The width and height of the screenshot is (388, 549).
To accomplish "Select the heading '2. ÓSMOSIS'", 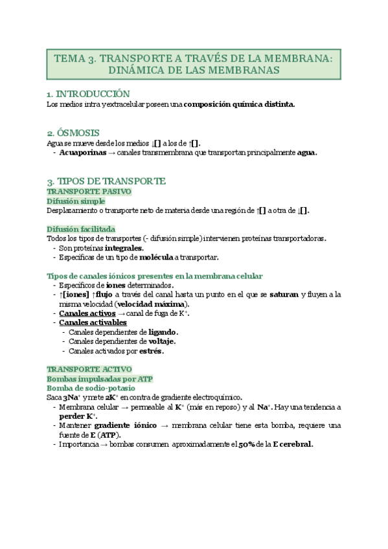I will tap(73, 132).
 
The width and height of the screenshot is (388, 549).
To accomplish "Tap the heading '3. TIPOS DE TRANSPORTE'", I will tap(106, 181).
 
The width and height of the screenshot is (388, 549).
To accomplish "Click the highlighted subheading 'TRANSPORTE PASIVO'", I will tap(89, 192).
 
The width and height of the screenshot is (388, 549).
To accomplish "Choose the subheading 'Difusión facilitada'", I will tap(82, 229).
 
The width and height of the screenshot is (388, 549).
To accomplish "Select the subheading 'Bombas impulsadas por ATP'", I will tap(100, 378).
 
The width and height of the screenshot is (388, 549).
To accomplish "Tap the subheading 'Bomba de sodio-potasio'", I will tap(92, 387).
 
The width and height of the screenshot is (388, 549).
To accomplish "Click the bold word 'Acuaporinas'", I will tap(83, 153).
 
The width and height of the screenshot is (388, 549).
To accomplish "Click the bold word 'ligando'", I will tap(163, 332).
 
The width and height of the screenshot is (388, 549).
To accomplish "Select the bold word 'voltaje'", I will tap(161, 341).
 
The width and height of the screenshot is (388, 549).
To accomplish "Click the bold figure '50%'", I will tap(246, 444).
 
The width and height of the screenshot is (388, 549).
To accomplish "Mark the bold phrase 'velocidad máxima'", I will tap(155, 304).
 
